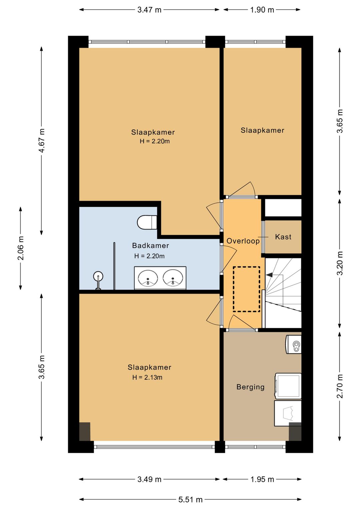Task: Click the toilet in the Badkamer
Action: (x=147, y=222)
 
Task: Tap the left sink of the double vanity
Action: (x=148, y=278)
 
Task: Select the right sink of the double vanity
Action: (x=173, y=278)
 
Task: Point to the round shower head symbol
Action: (x=98, y=276)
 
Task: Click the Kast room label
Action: (x=283, y=237)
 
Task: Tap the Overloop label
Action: (x=243, y=241)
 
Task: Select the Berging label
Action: (x=251, y=387)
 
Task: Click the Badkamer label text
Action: (x=150, y=245)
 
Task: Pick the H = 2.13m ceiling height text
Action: (x=147, y=378)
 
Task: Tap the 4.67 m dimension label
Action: (x=42, y=140)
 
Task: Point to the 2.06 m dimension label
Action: (x=21, y=248)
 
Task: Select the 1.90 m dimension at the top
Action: (x=262, y=10)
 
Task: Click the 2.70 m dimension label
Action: (x=340, y=386)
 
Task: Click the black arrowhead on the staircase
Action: (x=270, y=275)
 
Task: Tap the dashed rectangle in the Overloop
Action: (x=246, y=289)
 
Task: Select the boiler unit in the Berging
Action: (x=293, y=344)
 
